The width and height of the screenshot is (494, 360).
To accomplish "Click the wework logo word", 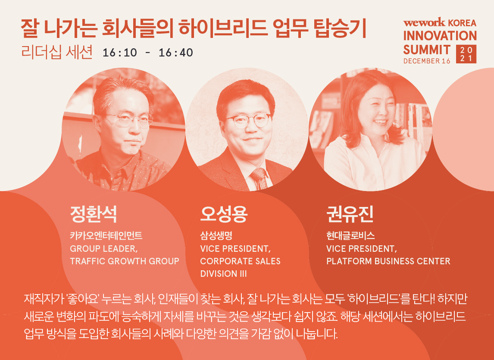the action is pyautogui.click(x=424, y=23).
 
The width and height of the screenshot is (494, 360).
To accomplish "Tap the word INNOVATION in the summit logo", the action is pyautogui.click(x=440, y=36).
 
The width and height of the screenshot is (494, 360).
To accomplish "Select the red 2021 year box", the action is pyautogui.click(x=466, y=54).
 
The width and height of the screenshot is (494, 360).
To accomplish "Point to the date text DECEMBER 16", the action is pyautogui.click(x=427, y=61).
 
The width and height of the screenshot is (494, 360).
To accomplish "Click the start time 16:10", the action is pyautogui.click(x=120, y=53).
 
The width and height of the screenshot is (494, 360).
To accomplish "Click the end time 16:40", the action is pyautogui.click(x=176, y=53).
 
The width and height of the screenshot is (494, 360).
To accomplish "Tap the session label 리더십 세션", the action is pyautogui.click(x=57, y=52).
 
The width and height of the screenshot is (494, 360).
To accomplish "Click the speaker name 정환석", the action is pyautogui.click(x=93, y=214).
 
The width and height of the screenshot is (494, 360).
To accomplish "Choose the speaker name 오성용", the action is pyautogui.click(x=224, y=214).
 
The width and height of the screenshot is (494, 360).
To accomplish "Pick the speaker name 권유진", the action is pyautogui.click(x=350, y=214).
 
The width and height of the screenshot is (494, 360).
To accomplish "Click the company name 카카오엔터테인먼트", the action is pyautogui.click(x=106, y=235).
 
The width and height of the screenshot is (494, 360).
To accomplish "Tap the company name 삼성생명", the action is pyautogui.click(x=216, y=235).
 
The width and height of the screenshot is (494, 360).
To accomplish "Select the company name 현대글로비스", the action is pyautogui.click(x=350, y=235).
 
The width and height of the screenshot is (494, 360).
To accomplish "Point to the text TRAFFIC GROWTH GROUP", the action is pyautogui.click(x=125, y=261).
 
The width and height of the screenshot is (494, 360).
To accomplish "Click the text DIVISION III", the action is pyautogui.click(x=223, y=274).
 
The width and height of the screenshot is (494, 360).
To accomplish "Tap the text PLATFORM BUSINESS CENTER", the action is pyautogui.click(x=388, y=261).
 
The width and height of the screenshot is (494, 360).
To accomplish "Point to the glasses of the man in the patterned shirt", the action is pyautogui.click(x=129, y=120).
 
